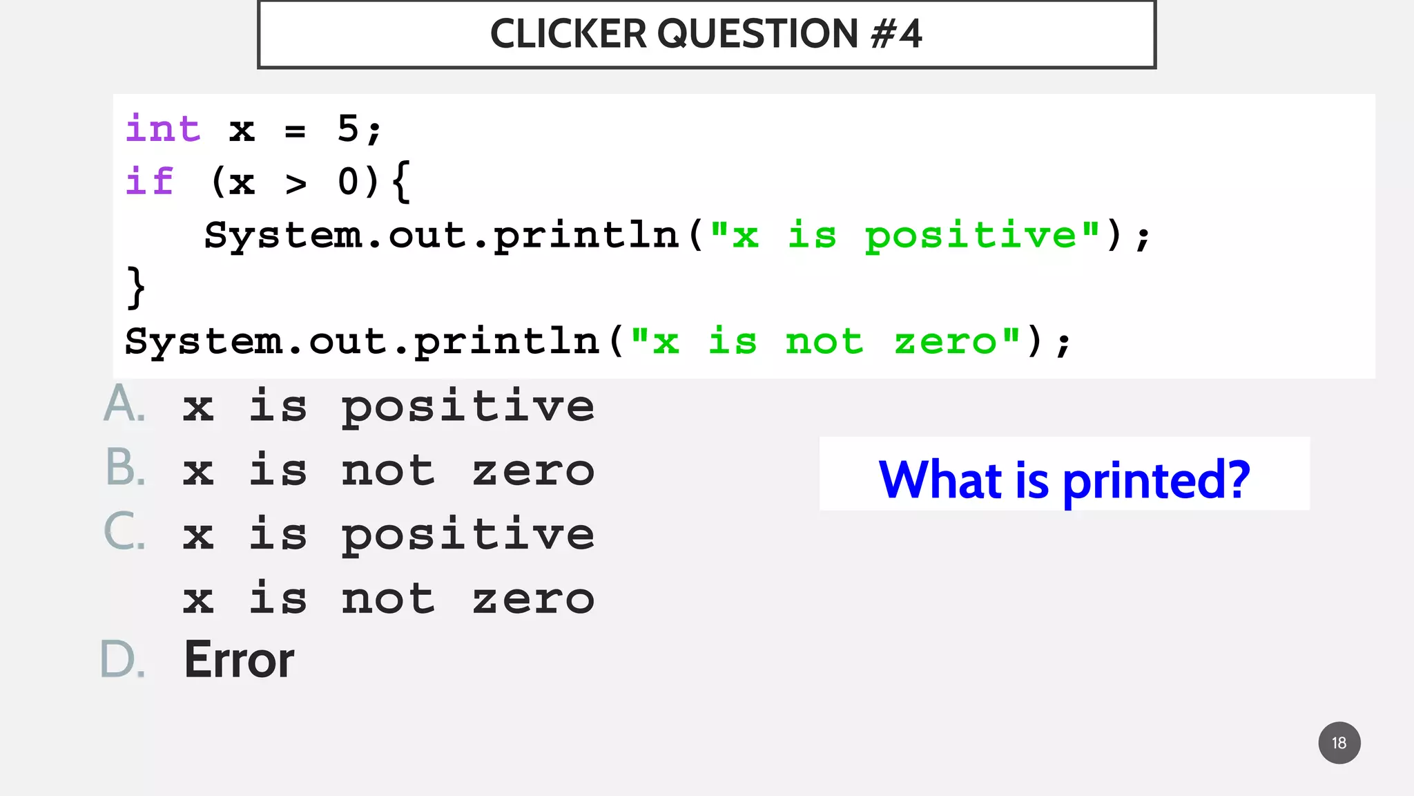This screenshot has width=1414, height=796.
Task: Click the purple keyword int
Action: point(163,129)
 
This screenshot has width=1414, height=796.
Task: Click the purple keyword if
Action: point(150,182)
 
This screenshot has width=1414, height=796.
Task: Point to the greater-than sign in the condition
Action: point(296,184)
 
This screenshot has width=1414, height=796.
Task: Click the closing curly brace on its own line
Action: point(136,287)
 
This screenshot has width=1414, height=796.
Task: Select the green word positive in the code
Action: point(970,236)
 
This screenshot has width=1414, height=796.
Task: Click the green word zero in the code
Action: point(946,341)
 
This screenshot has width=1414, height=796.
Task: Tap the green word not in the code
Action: point(824,341)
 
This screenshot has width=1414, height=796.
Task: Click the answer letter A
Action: point(124,404)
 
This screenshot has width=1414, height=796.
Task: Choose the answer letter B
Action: point(125,468)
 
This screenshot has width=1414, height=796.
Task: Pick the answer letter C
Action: point(124,532)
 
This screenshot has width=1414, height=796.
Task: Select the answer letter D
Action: point(123,660)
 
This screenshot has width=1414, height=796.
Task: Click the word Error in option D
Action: point(239,660)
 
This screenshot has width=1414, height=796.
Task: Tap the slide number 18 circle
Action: point(1339,743)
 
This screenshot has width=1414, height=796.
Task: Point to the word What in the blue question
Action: point(940,480)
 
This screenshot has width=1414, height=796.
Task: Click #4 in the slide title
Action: point(895,34)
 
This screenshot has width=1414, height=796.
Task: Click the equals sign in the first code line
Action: point(295,131)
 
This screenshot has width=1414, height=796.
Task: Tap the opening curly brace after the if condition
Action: point(401,182)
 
